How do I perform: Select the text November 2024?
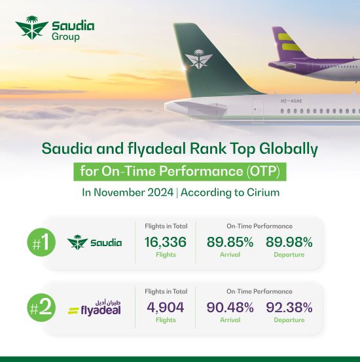click(x=134, y=193)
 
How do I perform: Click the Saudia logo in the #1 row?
click(x=95, y=242)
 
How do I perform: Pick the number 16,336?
click(x=166, y=242)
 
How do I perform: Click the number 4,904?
click(x=166, y=307)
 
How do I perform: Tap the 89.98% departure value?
click(x=289, y=242)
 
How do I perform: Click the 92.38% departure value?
click(x=289, y=307)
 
